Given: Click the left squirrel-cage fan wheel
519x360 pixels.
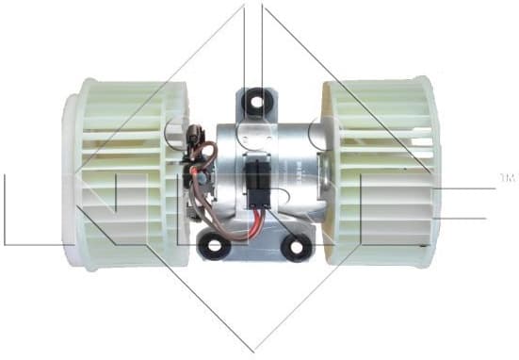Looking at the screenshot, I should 127,174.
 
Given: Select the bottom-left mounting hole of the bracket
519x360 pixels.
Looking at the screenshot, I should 215,246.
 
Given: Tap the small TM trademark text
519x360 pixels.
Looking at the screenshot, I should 507,177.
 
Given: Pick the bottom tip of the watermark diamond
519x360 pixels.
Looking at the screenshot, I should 253,351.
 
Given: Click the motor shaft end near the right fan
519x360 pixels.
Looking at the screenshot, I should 320,170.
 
